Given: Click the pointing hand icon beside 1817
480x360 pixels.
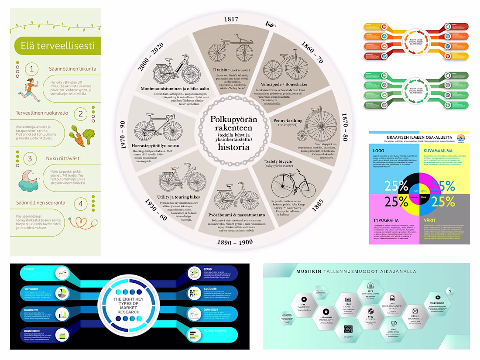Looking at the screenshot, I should (269, 24).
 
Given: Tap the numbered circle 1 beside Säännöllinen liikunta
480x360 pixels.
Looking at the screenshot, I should (31, 69).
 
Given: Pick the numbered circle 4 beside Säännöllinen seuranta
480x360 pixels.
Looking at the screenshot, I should (80, 203).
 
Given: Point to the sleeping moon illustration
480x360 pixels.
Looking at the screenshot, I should (31, 179).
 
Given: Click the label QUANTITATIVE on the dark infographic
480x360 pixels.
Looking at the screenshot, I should (33, 331).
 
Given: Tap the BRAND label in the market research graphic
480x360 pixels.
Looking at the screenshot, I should (207, 269).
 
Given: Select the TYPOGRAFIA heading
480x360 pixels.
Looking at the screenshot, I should (387, 220).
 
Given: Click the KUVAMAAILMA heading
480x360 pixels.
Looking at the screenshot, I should (438, 151).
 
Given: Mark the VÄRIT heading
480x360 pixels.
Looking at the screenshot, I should (430, 220).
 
